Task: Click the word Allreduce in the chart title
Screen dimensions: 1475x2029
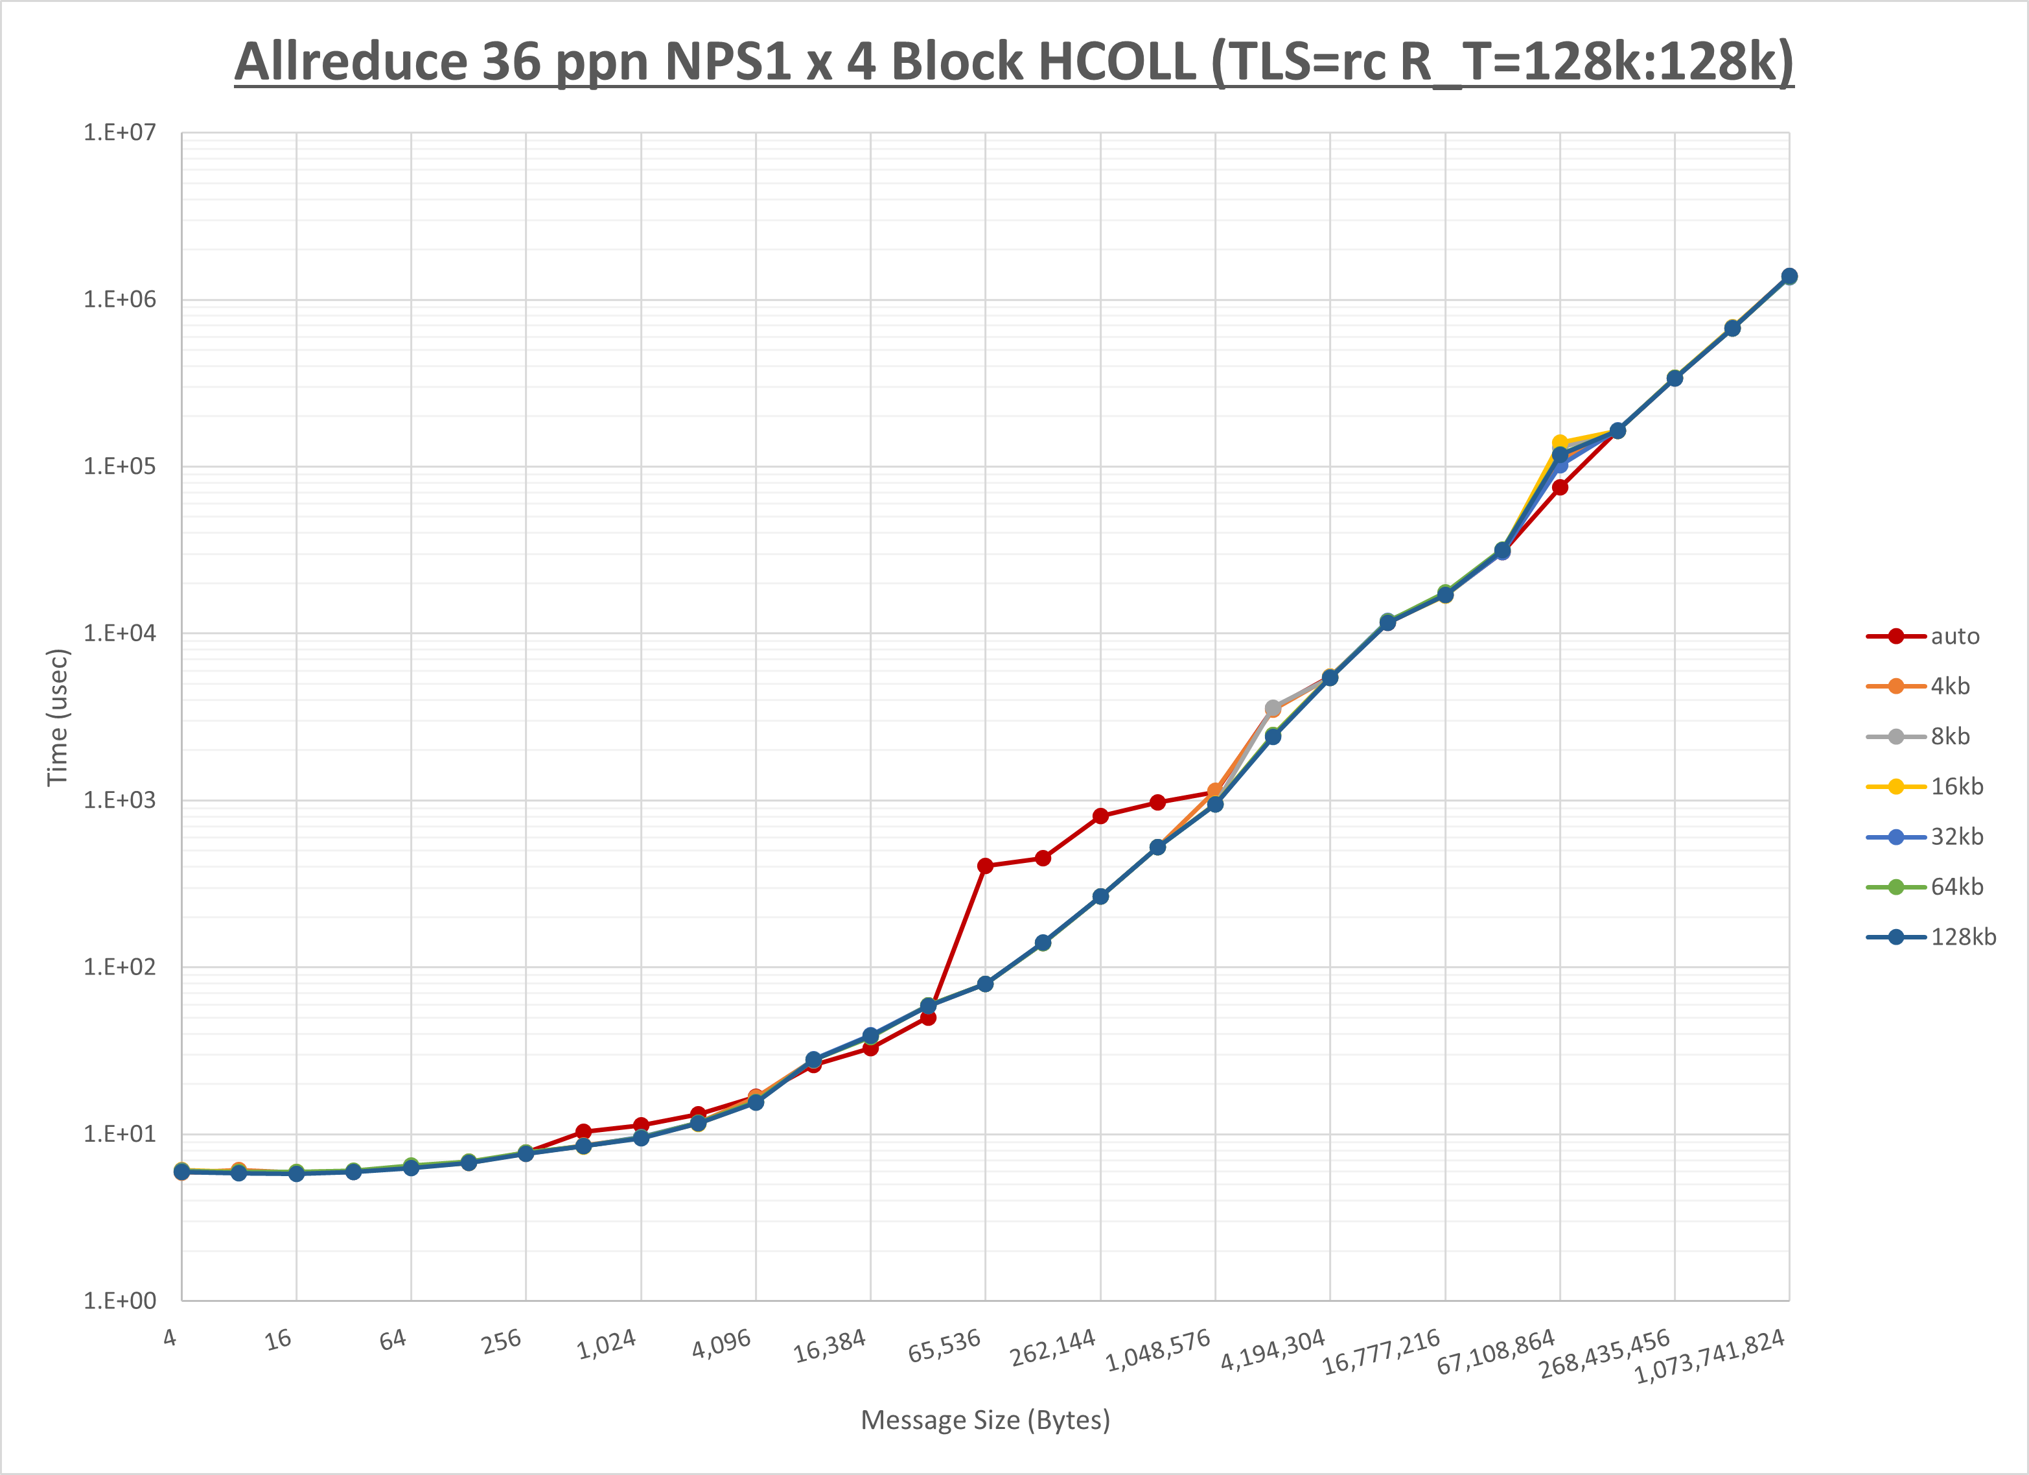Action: (352, 63)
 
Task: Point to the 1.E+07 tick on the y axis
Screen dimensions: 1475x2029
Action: (119, 132)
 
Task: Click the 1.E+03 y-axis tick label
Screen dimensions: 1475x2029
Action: (119, 800)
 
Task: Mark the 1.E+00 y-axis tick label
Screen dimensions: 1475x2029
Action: (119, 1301)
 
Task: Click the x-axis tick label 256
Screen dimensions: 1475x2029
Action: (501, 1341)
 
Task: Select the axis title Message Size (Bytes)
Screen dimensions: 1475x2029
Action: (985, 1421)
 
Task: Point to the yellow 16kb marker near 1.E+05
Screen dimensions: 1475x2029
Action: (1559, 443)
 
